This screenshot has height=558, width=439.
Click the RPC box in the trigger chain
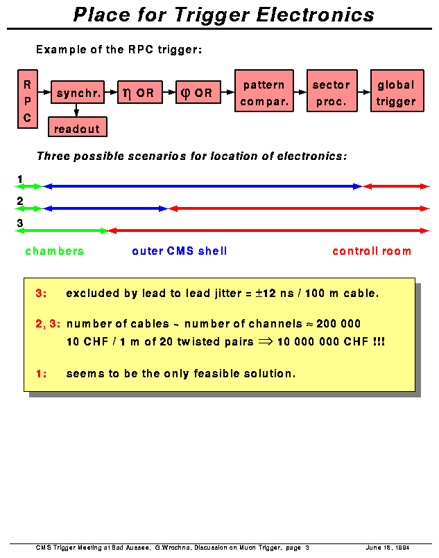(x=28, y=98)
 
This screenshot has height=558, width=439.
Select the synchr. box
(x=78, y=92)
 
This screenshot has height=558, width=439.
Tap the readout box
(x=78, y=127)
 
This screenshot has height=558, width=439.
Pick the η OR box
(x=139, y=92)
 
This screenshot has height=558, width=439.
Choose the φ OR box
(x=198, y=92)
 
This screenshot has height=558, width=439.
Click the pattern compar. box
(x=264, y=92)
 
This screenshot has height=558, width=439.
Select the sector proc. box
(x=331, y=92)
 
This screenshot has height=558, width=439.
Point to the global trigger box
(x=396, y=92)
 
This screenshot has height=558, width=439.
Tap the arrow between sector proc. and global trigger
(x=363, y=91)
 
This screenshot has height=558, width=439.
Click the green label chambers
(x=54, y=251)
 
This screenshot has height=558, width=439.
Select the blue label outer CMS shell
(x=179, y=251)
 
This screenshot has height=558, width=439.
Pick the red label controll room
(x=372, y=251)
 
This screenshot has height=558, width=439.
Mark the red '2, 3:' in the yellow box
(x=48, y=323)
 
